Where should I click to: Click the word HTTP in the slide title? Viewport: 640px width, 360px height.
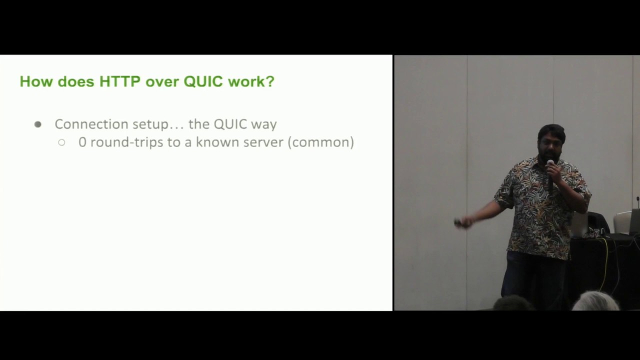pyautogui.click(x=120, y=81)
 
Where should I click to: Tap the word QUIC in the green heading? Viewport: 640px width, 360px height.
pyautogui.click(x=203, y=81)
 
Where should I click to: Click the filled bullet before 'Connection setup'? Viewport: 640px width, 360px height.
pyautogui.click(x=38, y=124)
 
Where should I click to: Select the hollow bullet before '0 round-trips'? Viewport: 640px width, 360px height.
pyautogui.click(x=61, y=142)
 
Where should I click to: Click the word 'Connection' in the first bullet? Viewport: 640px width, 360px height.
pyautogui.click(x=91, y=124)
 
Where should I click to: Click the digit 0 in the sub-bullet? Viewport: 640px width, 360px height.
pyautogui.click(x=82, y=142)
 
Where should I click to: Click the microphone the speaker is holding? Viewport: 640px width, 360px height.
pyautogui.click(x=550, y=164)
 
